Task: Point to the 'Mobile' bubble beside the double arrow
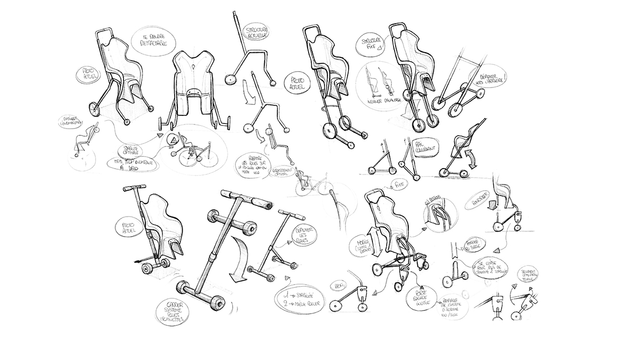(358, 241)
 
